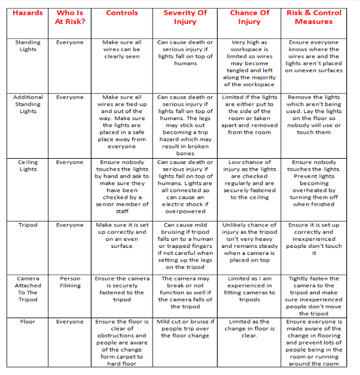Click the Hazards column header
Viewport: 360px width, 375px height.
coord(28,12)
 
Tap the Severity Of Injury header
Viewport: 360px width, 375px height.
coord(185,17)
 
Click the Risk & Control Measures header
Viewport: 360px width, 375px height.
coord(318,17)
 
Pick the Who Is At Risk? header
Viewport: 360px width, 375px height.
coord(70,17)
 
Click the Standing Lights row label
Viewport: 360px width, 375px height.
coord(28,46)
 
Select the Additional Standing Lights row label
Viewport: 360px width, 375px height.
coord(28,104)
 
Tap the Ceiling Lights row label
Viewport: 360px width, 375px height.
coord(28,166)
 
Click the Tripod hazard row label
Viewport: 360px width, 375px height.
coord(28,225)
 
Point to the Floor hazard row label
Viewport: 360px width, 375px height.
coord(28,322)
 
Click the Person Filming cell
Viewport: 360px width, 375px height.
coord(70,282)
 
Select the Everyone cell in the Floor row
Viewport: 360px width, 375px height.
coord(70,322)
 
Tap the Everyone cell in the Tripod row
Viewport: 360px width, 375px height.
coord(70,225)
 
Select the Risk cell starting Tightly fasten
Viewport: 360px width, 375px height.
coord(318,296)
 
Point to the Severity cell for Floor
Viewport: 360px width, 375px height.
coord(185,329)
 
